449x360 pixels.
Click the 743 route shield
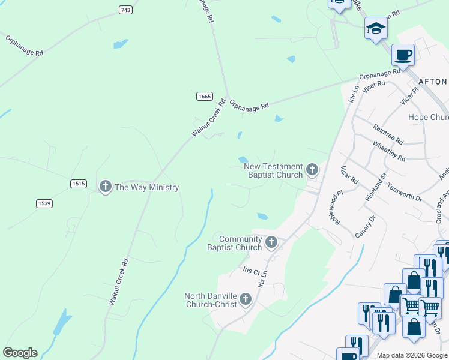[x=125, y=10]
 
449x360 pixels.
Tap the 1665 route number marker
[x=204, y=96]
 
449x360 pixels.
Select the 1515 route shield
[x=78, y=184]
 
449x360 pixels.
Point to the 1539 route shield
[x=44, y=203]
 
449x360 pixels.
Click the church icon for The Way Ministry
[x=106, y=187]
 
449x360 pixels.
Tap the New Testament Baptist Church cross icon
[x=312, y=170]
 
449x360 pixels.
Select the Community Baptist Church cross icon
[x=271, y=242]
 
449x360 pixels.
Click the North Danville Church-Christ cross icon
[x=245, y=299]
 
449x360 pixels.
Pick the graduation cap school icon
[x=376, y=28]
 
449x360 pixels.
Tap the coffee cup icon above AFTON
[x=403, y=55]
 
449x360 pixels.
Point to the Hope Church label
[x=428, y=117]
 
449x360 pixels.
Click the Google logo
[x=20, y=353]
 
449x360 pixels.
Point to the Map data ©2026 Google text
[x=411, y=355]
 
